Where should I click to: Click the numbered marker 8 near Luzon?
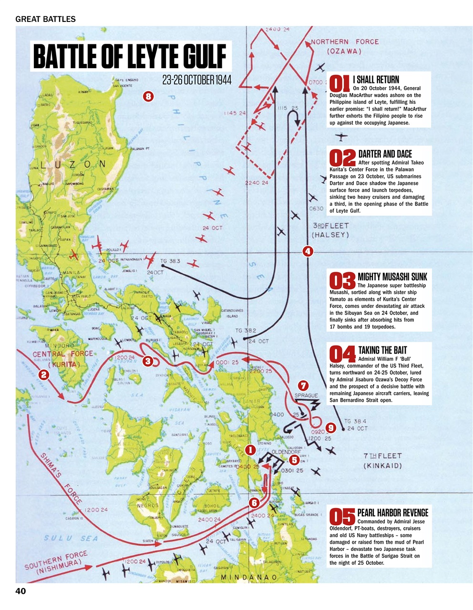point(148,97)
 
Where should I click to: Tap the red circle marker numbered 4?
point(308,251)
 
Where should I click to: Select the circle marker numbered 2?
point(44,375)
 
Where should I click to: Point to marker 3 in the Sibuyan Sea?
point(148,361)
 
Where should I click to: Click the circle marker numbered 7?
point(303,385)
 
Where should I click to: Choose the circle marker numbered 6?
point(254,502)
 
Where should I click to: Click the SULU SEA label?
point(71,539)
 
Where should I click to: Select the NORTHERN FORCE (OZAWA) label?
point(344,46)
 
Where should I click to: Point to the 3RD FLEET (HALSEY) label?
point(330,230)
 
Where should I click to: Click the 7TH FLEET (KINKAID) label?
point(382,460)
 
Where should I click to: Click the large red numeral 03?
point(343,281)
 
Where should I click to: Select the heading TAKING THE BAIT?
point(382,350)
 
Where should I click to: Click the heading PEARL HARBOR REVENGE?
point(392,513)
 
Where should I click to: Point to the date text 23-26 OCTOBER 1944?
point(196,80)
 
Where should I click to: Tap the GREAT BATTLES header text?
point(46,20)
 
